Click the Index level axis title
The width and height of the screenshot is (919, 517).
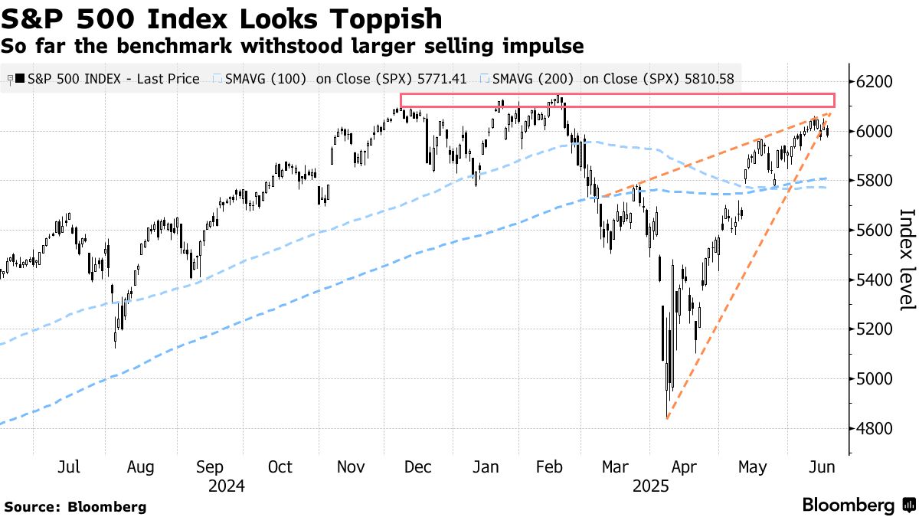tap(906, 260)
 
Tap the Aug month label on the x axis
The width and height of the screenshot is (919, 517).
tap(140, 467)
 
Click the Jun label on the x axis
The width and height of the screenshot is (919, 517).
tap(823, 467)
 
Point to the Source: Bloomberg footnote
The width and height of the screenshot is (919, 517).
tap(75, 506)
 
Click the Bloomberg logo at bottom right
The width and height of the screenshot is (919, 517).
tap(858, 505)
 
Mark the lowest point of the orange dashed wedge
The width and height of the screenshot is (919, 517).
tap(668, 419)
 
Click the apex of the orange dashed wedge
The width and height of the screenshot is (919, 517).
tap(829, 113)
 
